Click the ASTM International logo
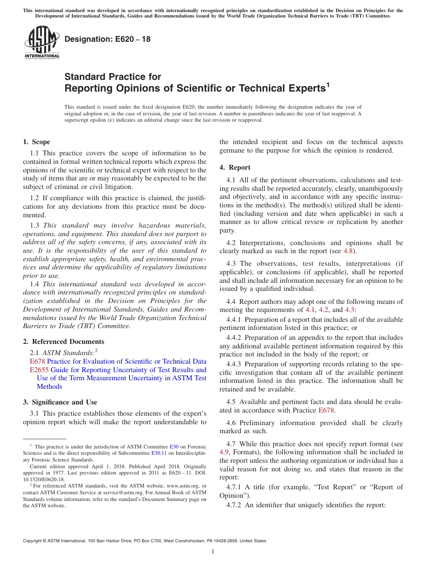[41, 43]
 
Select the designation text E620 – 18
[107, 40]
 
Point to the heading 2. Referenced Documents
[63, 342]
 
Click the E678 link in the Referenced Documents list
[37, 361]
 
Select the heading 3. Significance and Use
[60, 402]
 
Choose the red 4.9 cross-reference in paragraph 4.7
[225, 452]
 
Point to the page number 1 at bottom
[213, 552]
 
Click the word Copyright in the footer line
[34, 541]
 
